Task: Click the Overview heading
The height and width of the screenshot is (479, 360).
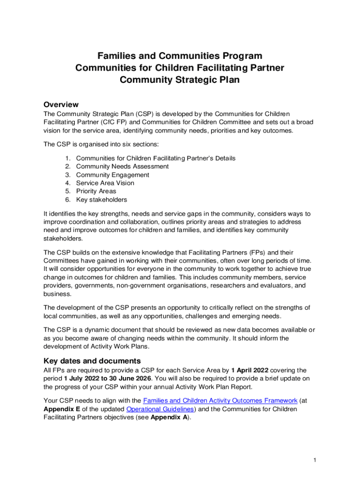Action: point(61,104)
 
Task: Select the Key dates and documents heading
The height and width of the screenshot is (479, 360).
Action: point(92,361)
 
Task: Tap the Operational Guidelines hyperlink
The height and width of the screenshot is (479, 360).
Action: point(160,409)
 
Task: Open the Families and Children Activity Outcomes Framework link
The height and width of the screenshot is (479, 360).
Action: point(220,400)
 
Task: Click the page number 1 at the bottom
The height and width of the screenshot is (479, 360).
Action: point(315,461)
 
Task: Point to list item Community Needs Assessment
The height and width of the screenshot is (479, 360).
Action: point(122,167)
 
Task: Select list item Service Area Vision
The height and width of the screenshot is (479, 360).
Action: point(105,183)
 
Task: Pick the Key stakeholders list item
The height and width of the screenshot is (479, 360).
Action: point(101,200)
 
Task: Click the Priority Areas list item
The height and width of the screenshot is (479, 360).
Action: point(96,191)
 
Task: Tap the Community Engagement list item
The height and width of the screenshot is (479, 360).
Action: point(113,175)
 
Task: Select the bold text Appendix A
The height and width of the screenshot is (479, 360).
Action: point(169,417)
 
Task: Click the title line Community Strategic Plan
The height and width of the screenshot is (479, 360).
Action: point(180,80)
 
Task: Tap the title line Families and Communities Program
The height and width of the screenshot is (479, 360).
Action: point(180,56)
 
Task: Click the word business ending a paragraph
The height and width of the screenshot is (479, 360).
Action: point(58,294)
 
